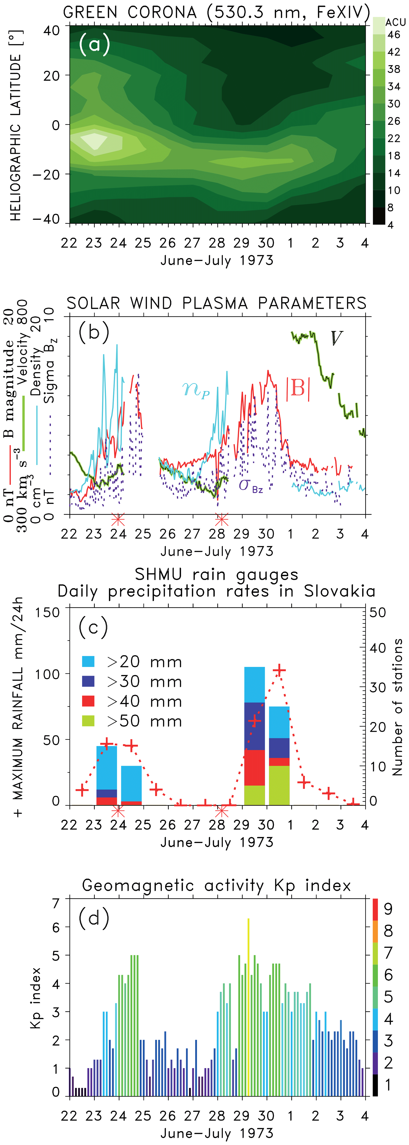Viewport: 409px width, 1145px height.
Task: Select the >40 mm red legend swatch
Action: coord(88,701)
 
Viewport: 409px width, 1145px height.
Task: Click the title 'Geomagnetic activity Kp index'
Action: coord(216,885)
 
